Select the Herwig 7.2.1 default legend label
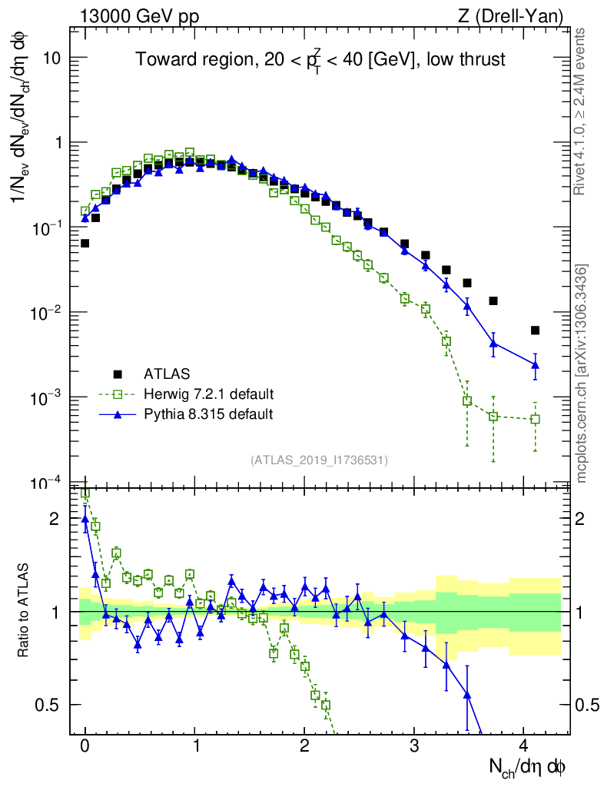tap(208, 394)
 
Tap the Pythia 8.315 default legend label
tap(207, 414)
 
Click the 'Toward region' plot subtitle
tap(320, 59)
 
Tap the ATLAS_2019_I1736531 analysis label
tap(319, 460)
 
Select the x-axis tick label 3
tap(414, 745)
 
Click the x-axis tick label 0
tap(85, 745)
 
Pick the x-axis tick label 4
tap(523, 745)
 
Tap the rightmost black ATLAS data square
tap(535, 330)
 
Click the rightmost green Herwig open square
tap(535, 419)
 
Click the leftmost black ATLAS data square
tap(85, 243)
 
